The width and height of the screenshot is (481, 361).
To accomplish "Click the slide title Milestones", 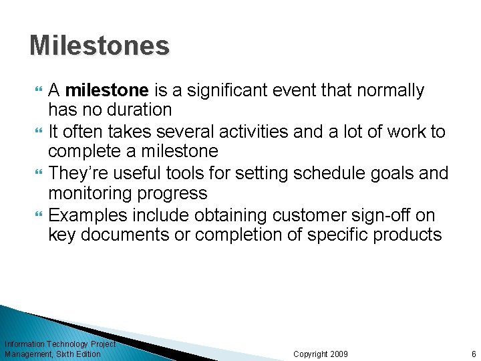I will point(100,46).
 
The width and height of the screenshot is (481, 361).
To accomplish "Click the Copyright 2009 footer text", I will point(321,354).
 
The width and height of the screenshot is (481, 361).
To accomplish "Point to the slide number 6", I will point(473,354).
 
